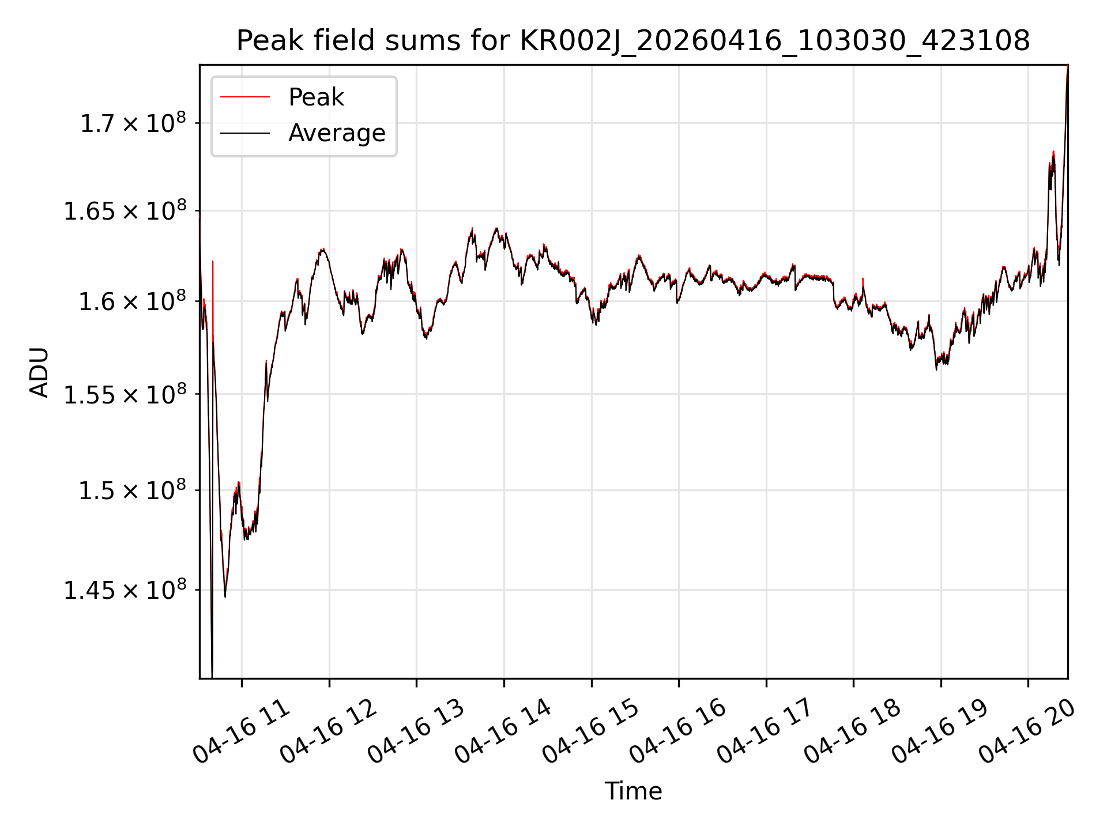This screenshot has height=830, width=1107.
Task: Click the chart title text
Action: click(x=633, y=41)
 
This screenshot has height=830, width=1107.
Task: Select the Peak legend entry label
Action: click(x=316, y=97)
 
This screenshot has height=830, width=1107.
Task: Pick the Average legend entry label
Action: click(x=337, y=133)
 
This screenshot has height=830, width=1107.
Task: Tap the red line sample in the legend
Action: click(x=244, y=97)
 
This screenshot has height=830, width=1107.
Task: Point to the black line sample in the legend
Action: click(x=244, y=133)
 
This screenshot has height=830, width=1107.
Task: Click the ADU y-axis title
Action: click(x=39, y=372)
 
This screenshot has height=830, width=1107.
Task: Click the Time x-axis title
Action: click(x=633, y=791)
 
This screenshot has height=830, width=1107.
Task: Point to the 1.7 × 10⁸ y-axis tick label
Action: click(x=133, y=123)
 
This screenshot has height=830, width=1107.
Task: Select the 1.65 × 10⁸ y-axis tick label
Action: click(x=125, y=212)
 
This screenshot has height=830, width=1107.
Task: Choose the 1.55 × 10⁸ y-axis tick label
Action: click(x=125, y=395)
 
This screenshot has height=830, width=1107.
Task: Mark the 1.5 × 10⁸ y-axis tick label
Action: click(x=133, y=491)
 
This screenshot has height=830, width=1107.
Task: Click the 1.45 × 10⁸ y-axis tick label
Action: click(x=125, y=591)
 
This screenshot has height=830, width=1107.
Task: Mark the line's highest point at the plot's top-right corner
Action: click(x=1067, y=66)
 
